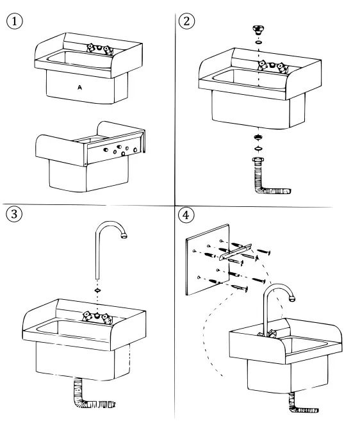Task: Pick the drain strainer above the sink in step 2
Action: pos(258,29)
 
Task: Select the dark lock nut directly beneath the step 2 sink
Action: pos(258,137)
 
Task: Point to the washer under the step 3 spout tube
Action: pos(97,290)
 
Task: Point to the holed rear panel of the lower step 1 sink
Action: pos(115,151)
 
